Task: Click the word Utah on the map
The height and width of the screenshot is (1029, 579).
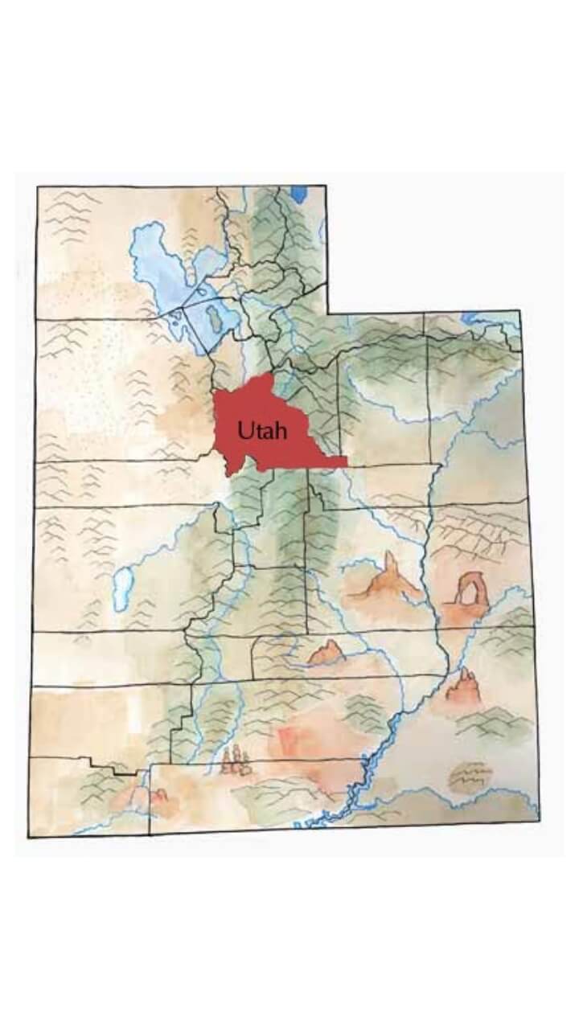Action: [x=261, y=431]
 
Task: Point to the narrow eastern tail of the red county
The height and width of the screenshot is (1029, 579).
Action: [x=330, y=462]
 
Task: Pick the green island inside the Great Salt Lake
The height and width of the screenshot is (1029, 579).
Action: [x=214, y=318]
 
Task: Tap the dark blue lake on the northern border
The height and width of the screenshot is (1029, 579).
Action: [x=299, y=195]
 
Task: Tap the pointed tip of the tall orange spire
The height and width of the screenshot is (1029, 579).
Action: [x=390, y=554]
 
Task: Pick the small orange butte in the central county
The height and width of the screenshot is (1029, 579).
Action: [x=327, y=653]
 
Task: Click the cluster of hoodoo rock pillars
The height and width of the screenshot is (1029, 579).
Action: [x=234, y=760]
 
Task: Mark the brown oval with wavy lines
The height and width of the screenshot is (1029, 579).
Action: [x=470, y=777]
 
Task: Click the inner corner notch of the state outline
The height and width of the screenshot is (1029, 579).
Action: [x=327, y=312]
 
